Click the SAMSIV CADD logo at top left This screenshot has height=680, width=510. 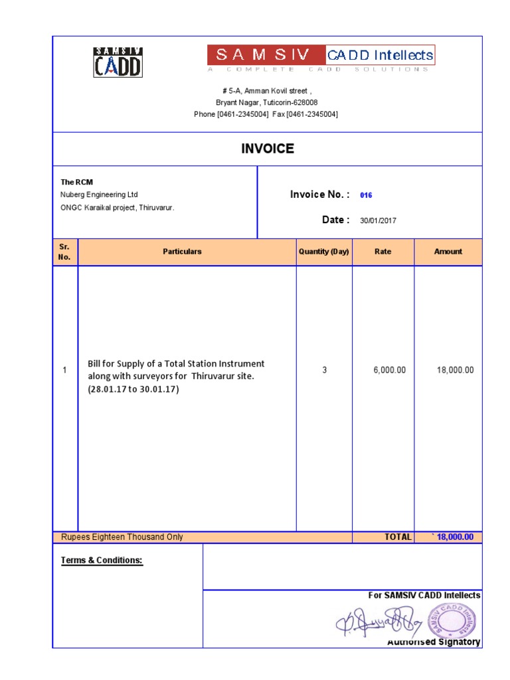click(x=118, y=62)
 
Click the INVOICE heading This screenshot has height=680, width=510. click(x=268, y=149)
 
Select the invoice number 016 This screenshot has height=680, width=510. click(x=366, y=195)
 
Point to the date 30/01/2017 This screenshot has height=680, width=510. click(x=379, y=220)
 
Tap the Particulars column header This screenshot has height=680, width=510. click(x=182, y=252)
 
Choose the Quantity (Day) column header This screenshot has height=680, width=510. click(x=323, y=252)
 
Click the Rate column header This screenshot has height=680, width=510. click(x=382, y=252)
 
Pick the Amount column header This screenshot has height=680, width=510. click(x=448, y=252)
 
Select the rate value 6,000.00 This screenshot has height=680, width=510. click(x=389, y=370)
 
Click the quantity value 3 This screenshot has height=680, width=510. click(x=325, y=370)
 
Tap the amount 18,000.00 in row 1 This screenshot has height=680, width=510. click(x=456, y=370)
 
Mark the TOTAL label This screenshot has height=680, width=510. click(x=398, y=537)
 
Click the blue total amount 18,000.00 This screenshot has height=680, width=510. click(x=454, y=537)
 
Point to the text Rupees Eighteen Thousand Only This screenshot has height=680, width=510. click(x=122, y=537)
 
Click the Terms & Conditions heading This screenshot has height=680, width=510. click(x=102, y=560)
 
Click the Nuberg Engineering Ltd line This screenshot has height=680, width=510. click(x=99, y=195)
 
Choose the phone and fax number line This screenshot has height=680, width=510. click(x=266, y=114)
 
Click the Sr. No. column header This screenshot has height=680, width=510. click(x=64, y=252)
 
